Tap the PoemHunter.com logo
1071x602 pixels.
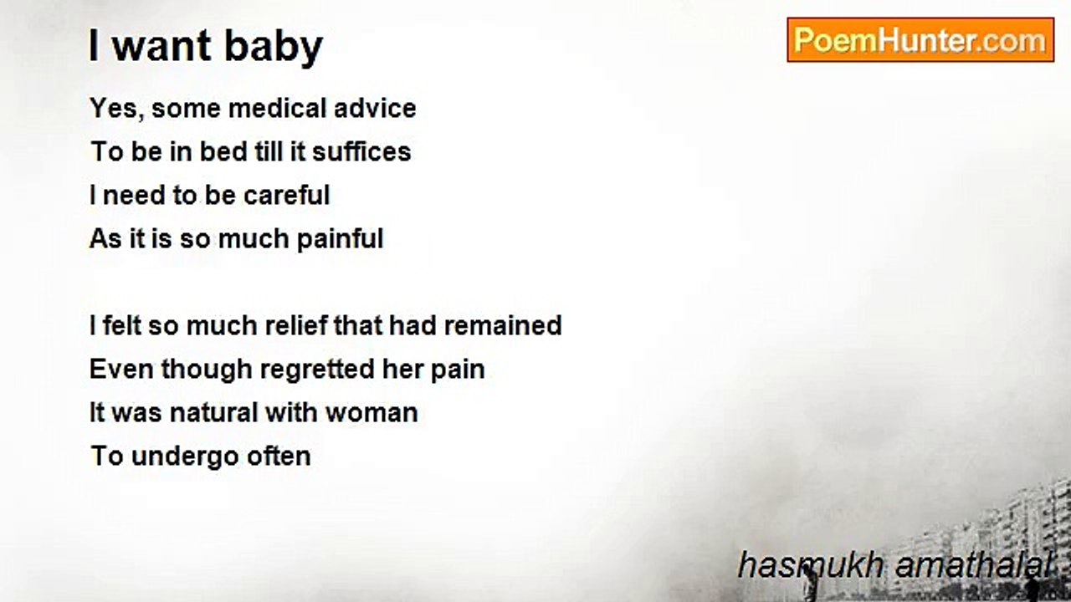click(920, 39)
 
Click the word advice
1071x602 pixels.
click(375, 108)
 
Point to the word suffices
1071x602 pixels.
click(361, 151)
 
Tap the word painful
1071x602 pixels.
click(340, 239)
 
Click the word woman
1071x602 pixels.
click(372, 413)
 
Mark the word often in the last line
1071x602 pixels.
click(279, 456)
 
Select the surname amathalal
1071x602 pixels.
click(973, 564)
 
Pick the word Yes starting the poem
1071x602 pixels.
click(116, 109)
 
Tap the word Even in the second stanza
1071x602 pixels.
click(121, 369)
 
